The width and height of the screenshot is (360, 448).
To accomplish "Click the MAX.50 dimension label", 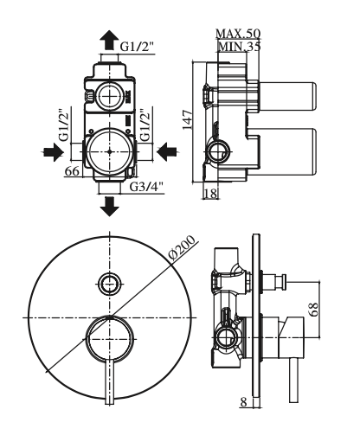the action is click(238, 34).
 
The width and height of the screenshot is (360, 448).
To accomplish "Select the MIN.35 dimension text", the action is click(240, 46).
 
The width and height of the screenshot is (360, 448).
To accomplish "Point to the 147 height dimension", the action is click(188, 119).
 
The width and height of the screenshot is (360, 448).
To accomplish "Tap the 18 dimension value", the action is click(210, 194).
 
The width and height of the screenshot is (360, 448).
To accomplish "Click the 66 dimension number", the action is click(72, 171).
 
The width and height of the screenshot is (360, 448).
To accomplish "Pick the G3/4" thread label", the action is click(146, 187).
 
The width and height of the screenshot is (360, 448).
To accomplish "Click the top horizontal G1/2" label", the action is click(137, 46).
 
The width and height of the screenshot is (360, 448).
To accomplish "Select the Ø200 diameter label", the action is click(182, 247).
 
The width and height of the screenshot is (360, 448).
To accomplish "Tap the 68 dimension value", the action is click(314, 309).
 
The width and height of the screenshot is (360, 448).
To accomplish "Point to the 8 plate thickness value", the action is click(244, 402).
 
